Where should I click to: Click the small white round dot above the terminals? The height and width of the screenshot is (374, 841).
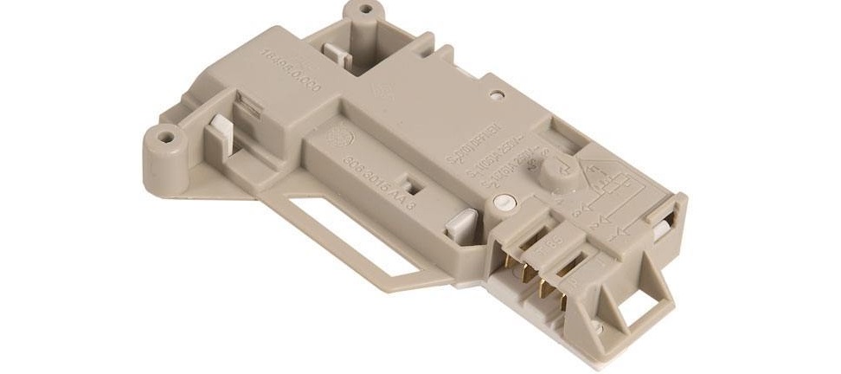pyautogui.click(x=498, y=204)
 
